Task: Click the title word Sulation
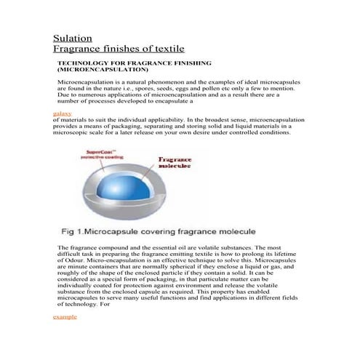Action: click(x=73, y=38)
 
